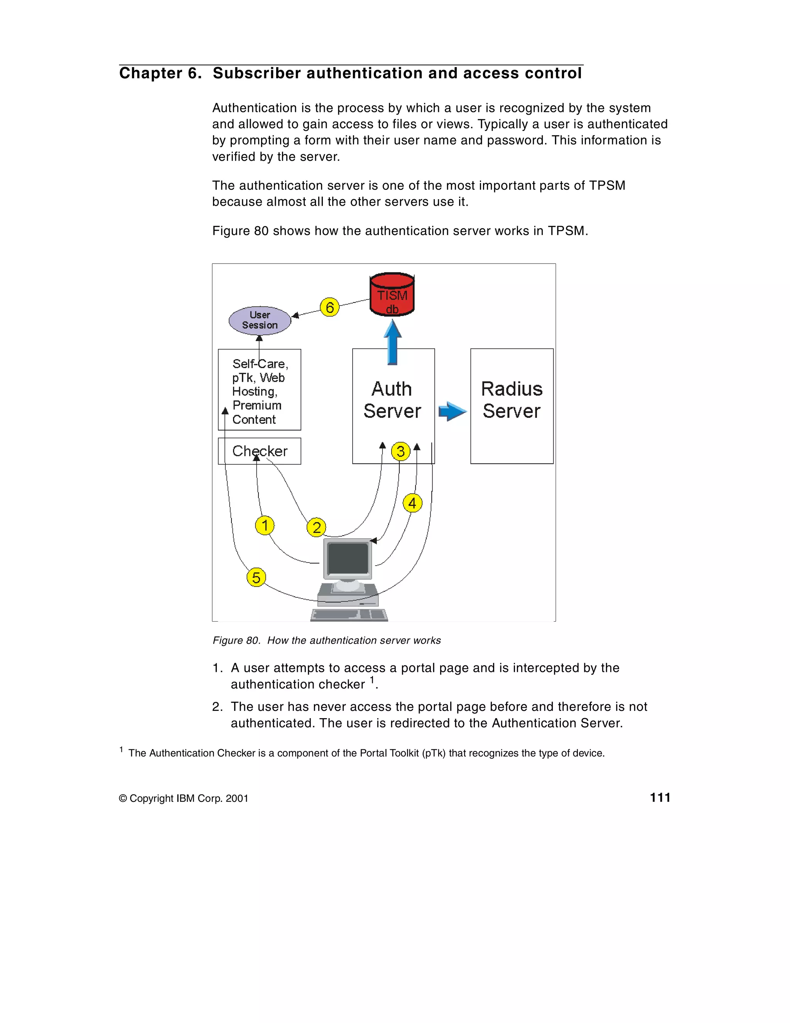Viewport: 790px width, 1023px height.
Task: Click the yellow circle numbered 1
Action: pyautogui.click(x=265, y=525)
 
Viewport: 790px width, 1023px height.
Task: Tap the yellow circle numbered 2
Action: pyautogui.click(x=317, y=528)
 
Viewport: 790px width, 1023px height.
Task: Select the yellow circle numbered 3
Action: pyautogui.click(x=400, y=451)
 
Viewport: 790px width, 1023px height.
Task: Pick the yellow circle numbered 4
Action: pyautogui.click(x=412, y=503)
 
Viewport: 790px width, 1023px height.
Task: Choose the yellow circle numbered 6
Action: pyautogui.click(x=330, y=307)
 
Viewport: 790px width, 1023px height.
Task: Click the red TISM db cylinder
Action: pyautogui.click(x=392, y=295)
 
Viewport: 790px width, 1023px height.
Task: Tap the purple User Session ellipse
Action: pyautogui.click(x=260, y=320)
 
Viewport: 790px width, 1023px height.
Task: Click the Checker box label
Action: pyautogui.click(x=260, y=451)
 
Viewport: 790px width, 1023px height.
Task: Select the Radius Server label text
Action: pyautogui.click(x=512, y=399)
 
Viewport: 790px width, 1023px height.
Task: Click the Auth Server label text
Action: pyautogui.click(x=392, y=399)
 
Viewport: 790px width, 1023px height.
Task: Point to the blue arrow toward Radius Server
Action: pyautogui.click(x=452, y=411)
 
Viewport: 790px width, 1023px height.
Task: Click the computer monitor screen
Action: pyautogui.click(x=348, y=558)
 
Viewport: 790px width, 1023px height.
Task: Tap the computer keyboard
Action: pyautogui.click(x=349, y=615)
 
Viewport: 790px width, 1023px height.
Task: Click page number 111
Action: pyautogui.click(x=660, y=798)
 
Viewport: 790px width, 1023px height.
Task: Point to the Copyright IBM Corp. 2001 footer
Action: pyautogui.click(x=184, y=798)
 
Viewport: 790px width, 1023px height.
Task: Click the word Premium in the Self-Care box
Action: pyautogui.click(x=257, y=405)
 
